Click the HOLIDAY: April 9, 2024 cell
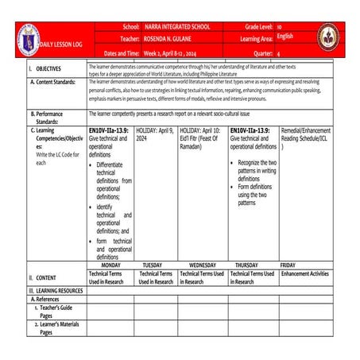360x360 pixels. point(155,133)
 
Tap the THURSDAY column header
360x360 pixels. point(251,265)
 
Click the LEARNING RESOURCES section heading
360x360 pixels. point(56,291)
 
